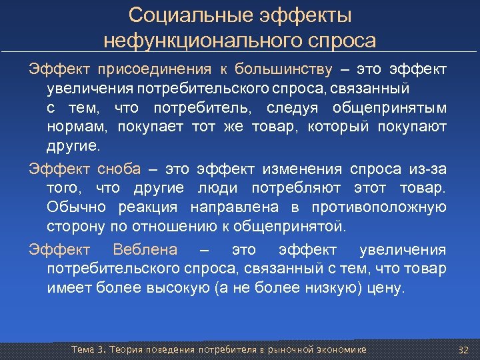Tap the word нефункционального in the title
click(x=204, y=41)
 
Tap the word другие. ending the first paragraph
click(x=73, y=146)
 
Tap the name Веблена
click(x=145, y=250)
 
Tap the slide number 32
click(x=464, y=349)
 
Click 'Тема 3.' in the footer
click(x=89, y=349)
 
